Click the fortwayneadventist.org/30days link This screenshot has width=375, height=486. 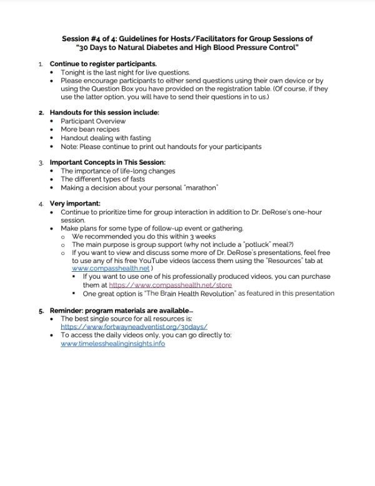[x=134, y=327]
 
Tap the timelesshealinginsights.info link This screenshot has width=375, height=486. [x=112, y=344]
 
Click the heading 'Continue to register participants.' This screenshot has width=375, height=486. [x=103, y=64]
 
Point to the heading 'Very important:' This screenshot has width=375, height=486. [x=74, y=204]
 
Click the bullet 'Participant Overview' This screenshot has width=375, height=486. [x=93, y=121]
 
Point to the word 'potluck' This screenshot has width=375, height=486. [x=241, y=244]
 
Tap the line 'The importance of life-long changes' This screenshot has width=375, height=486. [x=117, y=171]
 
